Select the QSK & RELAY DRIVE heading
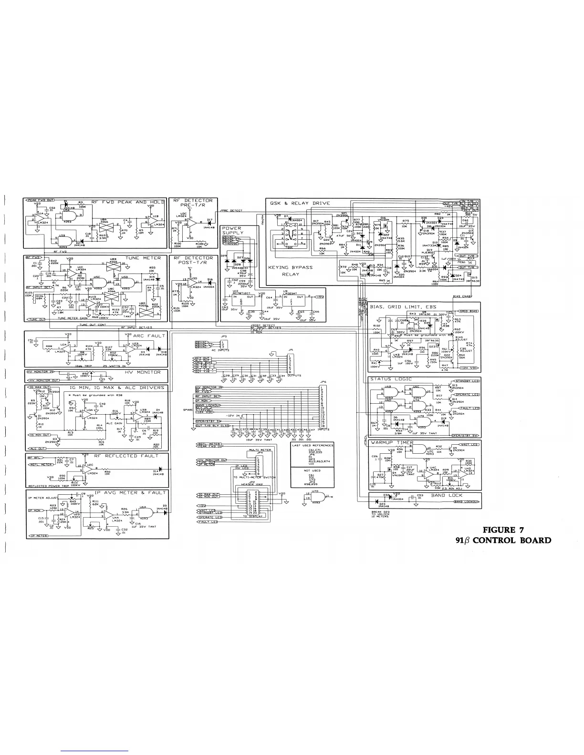[300, 203]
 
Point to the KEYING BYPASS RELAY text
[291, 271]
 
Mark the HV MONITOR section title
[143, 372]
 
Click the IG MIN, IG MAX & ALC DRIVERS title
[117, 388]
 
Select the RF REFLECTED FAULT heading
[126, 456]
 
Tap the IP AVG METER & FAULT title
[130, 492]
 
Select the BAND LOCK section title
[447, 495]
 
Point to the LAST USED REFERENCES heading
[313, 445]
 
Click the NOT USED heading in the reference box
[313, 470]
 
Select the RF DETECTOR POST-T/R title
[193, 260]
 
